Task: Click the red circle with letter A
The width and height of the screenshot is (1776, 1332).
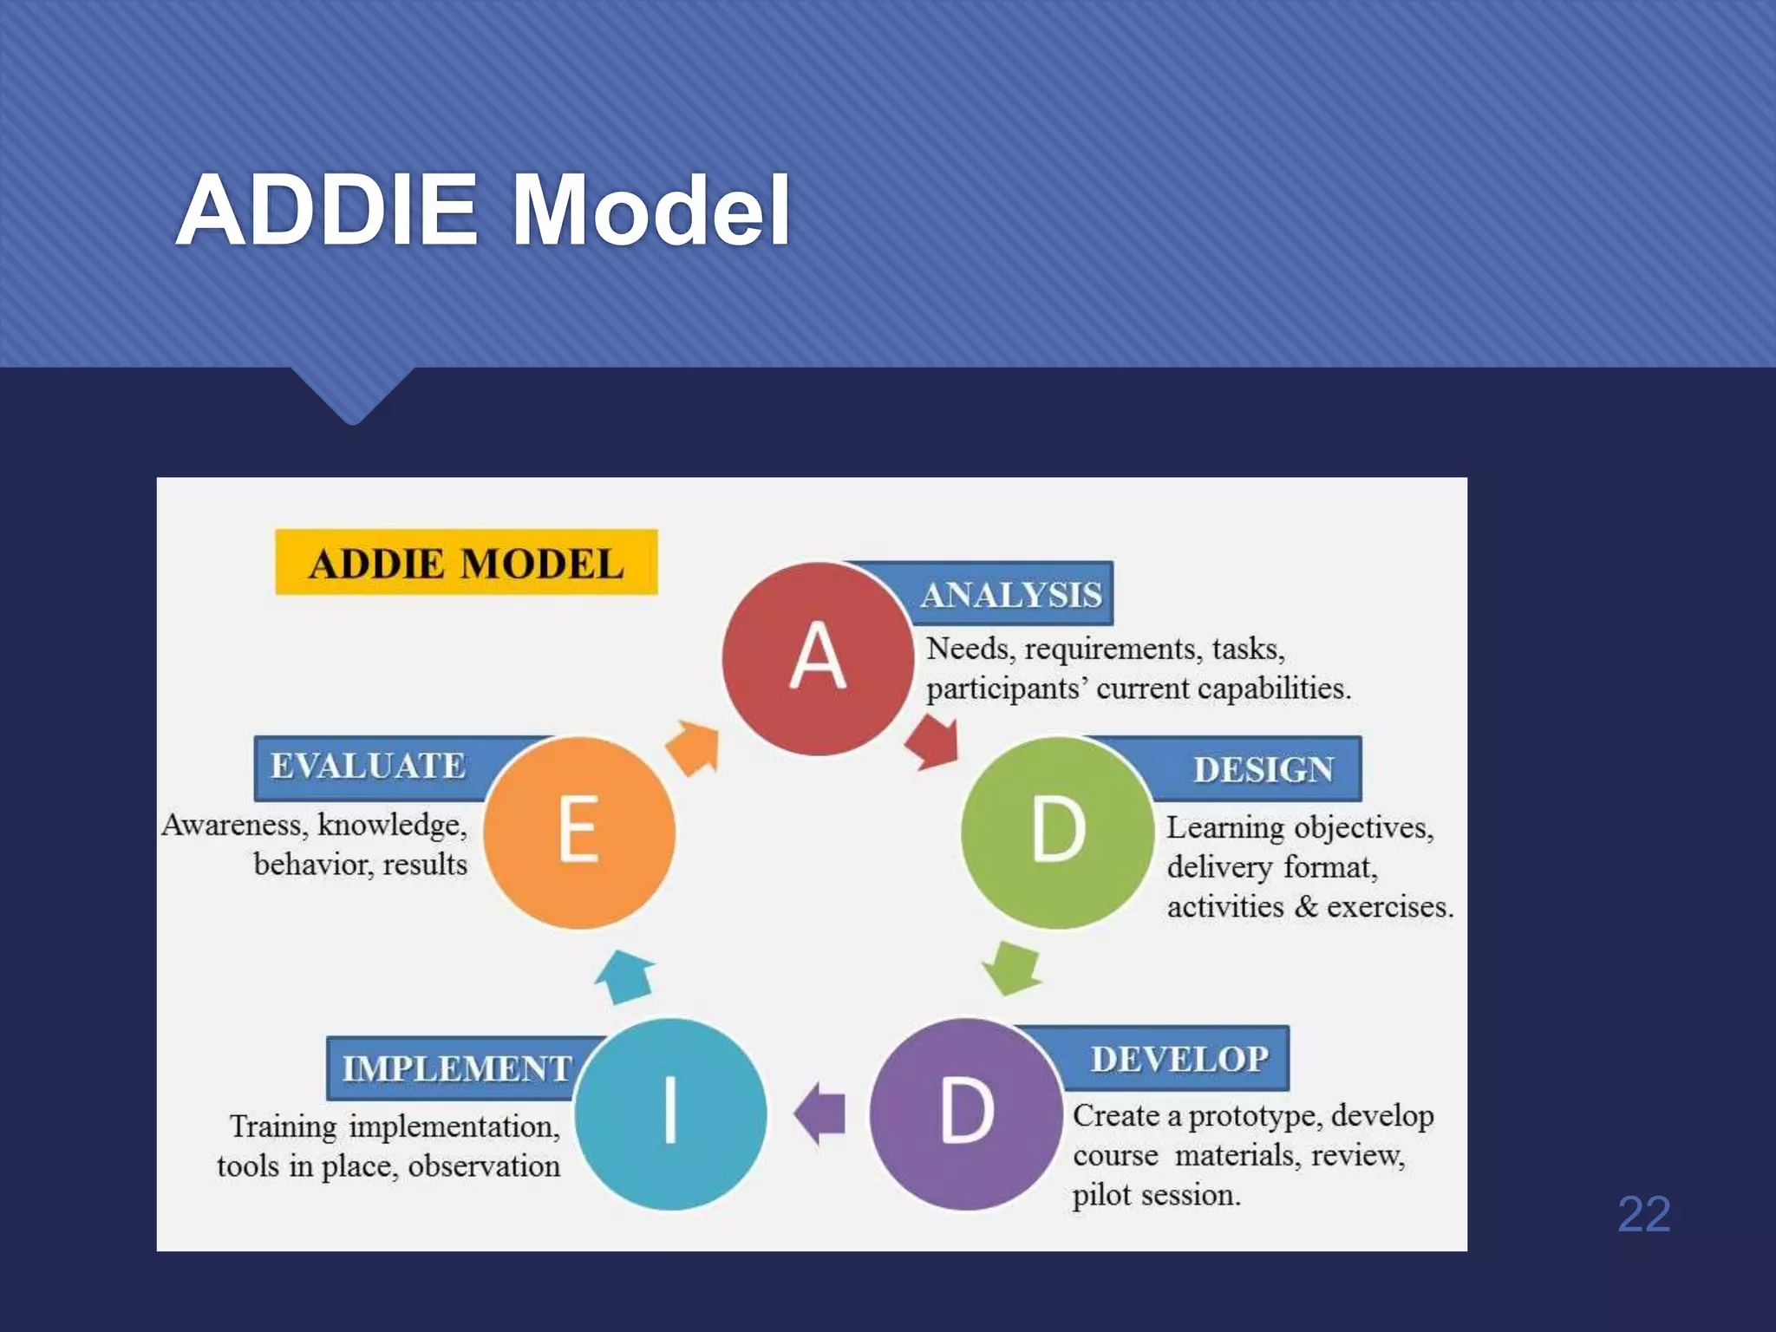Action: click(818, 658)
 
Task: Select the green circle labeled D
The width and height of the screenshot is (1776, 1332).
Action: click(1057, 832)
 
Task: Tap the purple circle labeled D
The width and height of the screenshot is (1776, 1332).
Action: click(966, 1113)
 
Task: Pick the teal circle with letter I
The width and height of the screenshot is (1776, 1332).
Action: click(670, 1113)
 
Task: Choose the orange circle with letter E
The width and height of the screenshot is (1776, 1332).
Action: click(578, 832)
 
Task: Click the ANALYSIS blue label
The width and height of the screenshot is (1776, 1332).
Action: click(1011, 595)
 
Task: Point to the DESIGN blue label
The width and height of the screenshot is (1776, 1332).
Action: click(1263, 769)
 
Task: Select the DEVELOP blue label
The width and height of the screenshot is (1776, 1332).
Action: click(1179, 1059)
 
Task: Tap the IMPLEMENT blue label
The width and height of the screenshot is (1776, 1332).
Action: click(456, 1068)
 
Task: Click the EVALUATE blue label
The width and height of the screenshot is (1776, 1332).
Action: click(369, 766)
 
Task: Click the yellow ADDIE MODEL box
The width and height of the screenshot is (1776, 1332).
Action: click(466, 563)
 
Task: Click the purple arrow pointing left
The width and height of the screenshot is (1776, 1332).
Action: click(820, 1113)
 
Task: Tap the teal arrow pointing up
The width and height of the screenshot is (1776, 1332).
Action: click(624, 976)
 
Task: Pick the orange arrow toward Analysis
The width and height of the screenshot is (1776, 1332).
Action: click(694, 748)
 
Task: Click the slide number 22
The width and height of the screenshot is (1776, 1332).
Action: click(1643, 1213)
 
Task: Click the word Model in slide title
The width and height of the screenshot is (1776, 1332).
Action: click(650, 211)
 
